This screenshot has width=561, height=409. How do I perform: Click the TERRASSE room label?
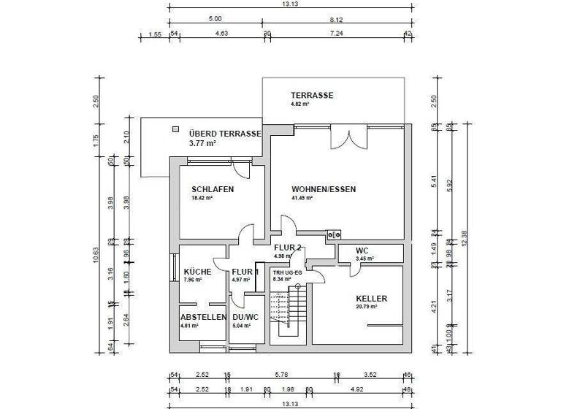[x=312, y=96]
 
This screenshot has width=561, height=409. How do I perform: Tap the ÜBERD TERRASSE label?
[x=224, y=134]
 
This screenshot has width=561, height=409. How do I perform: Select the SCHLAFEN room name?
[x=213, y=189]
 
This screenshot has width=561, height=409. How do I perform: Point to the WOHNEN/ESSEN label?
[x=323, y=189]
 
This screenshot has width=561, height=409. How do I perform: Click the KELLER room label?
[x=371, y=299]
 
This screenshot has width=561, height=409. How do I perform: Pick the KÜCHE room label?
[x=197, y=272]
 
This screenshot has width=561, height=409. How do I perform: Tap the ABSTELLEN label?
[x=203, y=317]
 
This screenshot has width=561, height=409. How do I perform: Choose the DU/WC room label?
[x=245, y=317]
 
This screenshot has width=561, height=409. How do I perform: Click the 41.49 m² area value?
[x=302, y=198]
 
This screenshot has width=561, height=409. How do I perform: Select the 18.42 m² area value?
[x=202, y=198]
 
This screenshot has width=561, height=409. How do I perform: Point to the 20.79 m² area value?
[x=366, y=307]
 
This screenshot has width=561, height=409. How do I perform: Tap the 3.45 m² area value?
[x=365, y=259]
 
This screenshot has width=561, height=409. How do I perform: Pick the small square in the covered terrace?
[x=175, y=129]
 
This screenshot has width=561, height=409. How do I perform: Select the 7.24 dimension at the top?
[x=336, y=34]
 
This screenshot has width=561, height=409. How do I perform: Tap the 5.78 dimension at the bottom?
[x=281, y=375]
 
